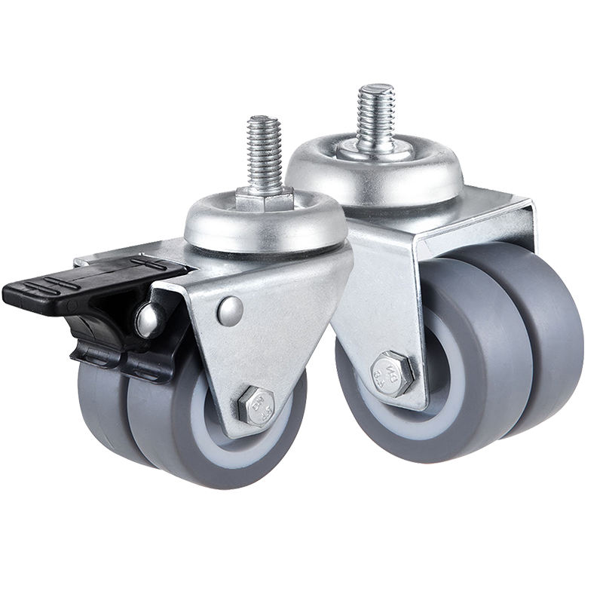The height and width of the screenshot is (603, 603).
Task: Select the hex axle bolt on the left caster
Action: click(x=256, y=404)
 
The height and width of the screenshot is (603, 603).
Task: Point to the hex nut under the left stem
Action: click(x=264, y=201)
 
